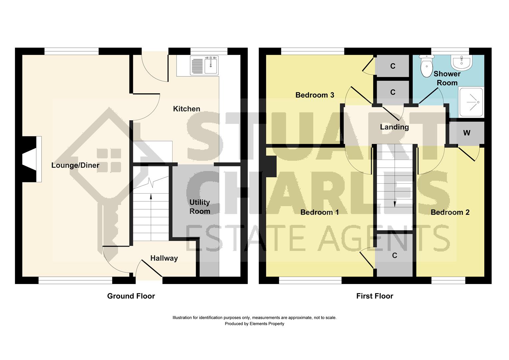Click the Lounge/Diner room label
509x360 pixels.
75,165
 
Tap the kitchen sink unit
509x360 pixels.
204,65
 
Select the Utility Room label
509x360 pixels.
200,207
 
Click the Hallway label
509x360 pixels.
164,258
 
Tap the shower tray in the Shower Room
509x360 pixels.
471,102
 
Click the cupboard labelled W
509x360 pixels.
467,133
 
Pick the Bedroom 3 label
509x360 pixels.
315,95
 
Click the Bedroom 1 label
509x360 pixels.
319,212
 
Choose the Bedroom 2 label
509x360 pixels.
450,212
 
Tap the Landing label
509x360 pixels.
394,127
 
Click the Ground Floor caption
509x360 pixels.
131,296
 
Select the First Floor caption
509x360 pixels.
375,296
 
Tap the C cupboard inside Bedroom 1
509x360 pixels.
394,255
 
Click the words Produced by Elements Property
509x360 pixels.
254,324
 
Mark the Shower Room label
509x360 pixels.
447,78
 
